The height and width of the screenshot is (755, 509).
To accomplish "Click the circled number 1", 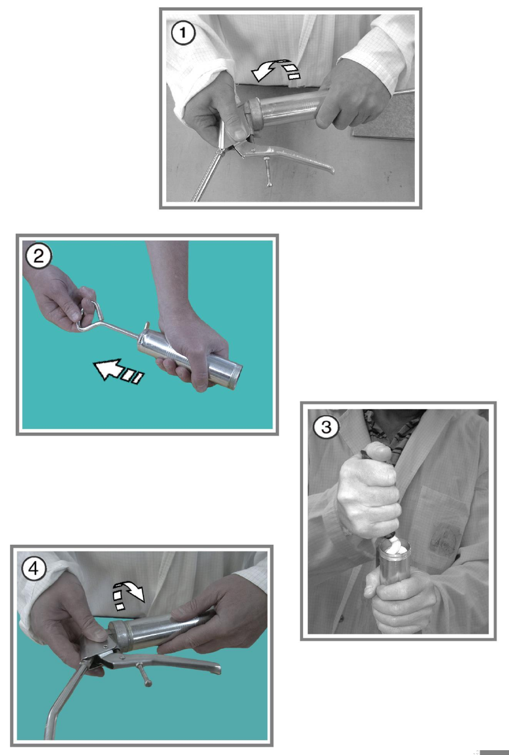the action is click(x=183, y=32).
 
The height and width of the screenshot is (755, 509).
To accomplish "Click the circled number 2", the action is click(x=39, y=256).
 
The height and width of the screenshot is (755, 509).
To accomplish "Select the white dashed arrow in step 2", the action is click(x=118, y=371).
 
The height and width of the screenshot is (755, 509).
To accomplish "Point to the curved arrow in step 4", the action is click(x=128, y=596).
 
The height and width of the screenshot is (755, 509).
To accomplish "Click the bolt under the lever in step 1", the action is click(x=267, y=171).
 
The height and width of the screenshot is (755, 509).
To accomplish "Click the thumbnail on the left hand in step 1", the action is click(x=240, y=134).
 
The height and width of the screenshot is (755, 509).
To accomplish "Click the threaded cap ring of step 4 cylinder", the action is click(x=119, y=630).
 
